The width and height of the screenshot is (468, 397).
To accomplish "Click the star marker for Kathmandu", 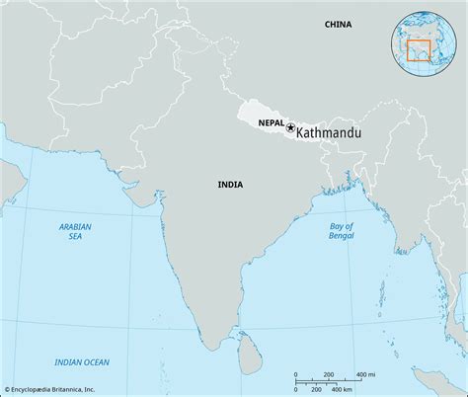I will (x=290, y=126).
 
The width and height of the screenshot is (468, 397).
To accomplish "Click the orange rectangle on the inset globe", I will (x=419, y=49).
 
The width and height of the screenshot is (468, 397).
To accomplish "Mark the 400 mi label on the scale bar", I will (x=364, y=374).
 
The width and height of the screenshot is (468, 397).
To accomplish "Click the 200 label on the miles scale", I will (x=328, y=374).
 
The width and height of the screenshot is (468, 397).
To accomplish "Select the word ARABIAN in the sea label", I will (x=75, y=227).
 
